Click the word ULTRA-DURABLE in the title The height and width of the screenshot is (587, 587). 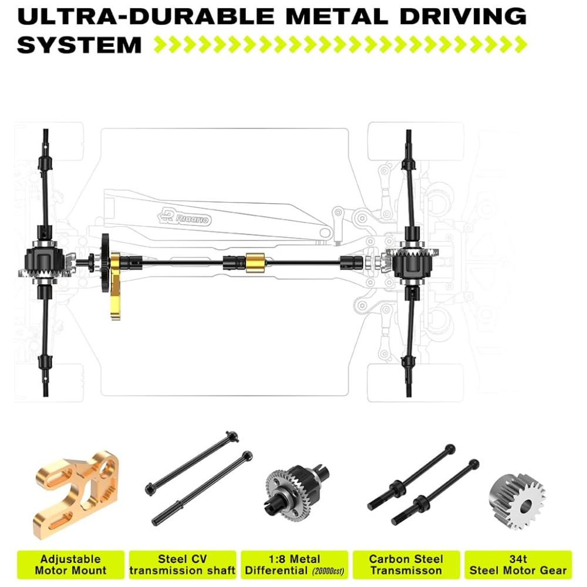146,16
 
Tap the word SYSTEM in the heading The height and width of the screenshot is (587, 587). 79,45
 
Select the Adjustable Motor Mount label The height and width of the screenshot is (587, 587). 71,565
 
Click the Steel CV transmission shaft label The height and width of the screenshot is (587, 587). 183,565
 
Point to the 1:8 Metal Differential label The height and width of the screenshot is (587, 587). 294,565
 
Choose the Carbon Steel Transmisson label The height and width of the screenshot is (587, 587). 406,565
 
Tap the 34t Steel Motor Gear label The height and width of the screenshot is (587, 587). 518,565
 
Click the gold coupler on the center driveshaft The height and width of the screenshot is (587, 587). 255,262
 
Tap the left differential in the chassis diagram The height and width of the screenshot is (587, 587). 45,261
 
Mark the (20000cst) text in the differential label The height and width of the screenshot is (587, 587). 328,572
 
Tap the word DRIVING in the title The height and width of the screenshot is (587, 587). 463,16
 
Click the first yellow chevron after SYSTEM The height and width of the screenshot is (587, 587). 161,45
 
